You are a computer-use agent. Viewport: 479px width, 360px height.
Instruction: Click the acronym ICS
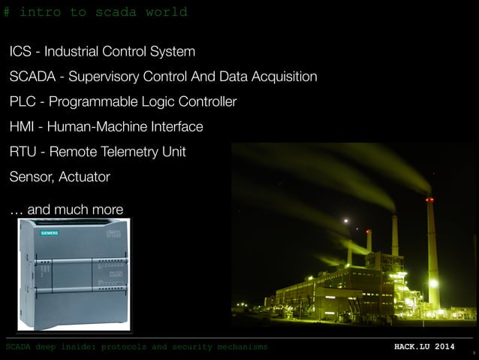point(21,52)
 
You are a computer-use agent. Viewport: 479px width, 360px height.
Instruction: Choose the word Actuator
point(84,177)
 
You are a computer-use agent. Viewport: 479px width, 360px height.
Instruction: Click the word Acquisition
point(282,77)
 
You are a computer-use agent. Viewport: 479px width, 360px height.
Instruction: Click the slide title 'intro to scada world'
point(103,12)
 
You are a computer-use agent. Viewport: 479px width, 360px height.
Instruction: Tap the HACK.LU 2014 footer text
point(424,346)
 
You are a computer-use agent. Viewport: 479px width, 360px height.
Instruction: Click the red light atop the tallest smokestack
point(429,199)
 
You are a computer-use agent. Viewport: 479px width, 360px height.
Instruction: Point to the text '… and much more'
point(66,209)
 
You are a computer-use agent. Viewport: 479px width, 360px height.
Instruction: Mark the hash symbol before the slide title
point(7,12)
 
